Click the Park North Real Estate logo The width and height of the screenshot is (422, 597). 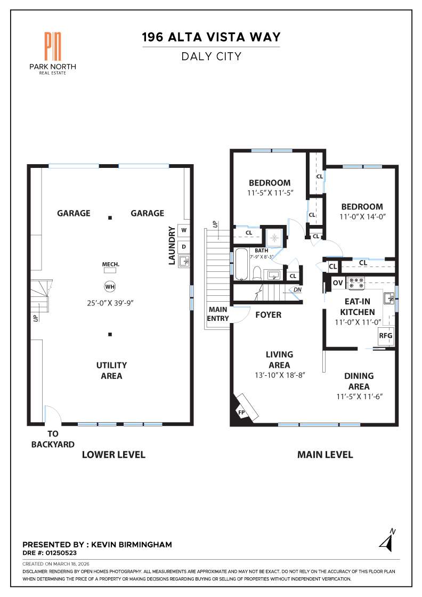pos(52,52)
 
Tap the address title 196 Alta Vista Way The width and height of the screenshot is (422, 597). pos(211,37)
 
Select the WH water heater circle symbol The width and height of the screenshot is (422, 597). pos(110,287)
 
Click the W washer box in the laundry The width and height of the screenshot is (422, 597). pos(184,230)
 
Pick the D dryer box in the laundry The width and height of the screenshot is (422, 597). pos(184,246)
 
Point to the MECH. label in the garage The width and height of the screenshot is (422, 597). pos(110,264)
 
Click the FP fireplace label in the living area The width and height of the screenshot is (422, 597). pos(241,412)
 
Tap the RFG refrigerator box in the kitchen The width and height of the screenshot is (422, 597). pos(386,336)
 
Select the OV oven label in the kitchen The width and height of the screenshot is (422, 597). pos(338,283)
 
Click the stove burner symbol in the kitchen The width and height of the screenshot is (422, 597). pos(355,281)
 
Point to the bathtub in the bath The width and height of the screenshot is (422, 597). pos(242,264)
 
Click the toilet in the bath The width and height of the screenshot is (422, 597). pos(256,273)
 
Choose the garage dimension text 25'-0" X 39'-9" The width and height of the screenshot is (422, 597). pos(110,303)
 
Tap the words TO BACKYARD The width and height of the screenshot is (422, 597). pos(53,439)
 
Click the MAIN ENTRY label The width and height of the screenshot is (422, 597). pos(218,314)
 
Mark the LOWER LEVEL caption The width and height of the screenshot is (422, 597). pos(113,455)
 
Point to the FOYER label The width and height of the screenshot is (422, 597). pos(268,315)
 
